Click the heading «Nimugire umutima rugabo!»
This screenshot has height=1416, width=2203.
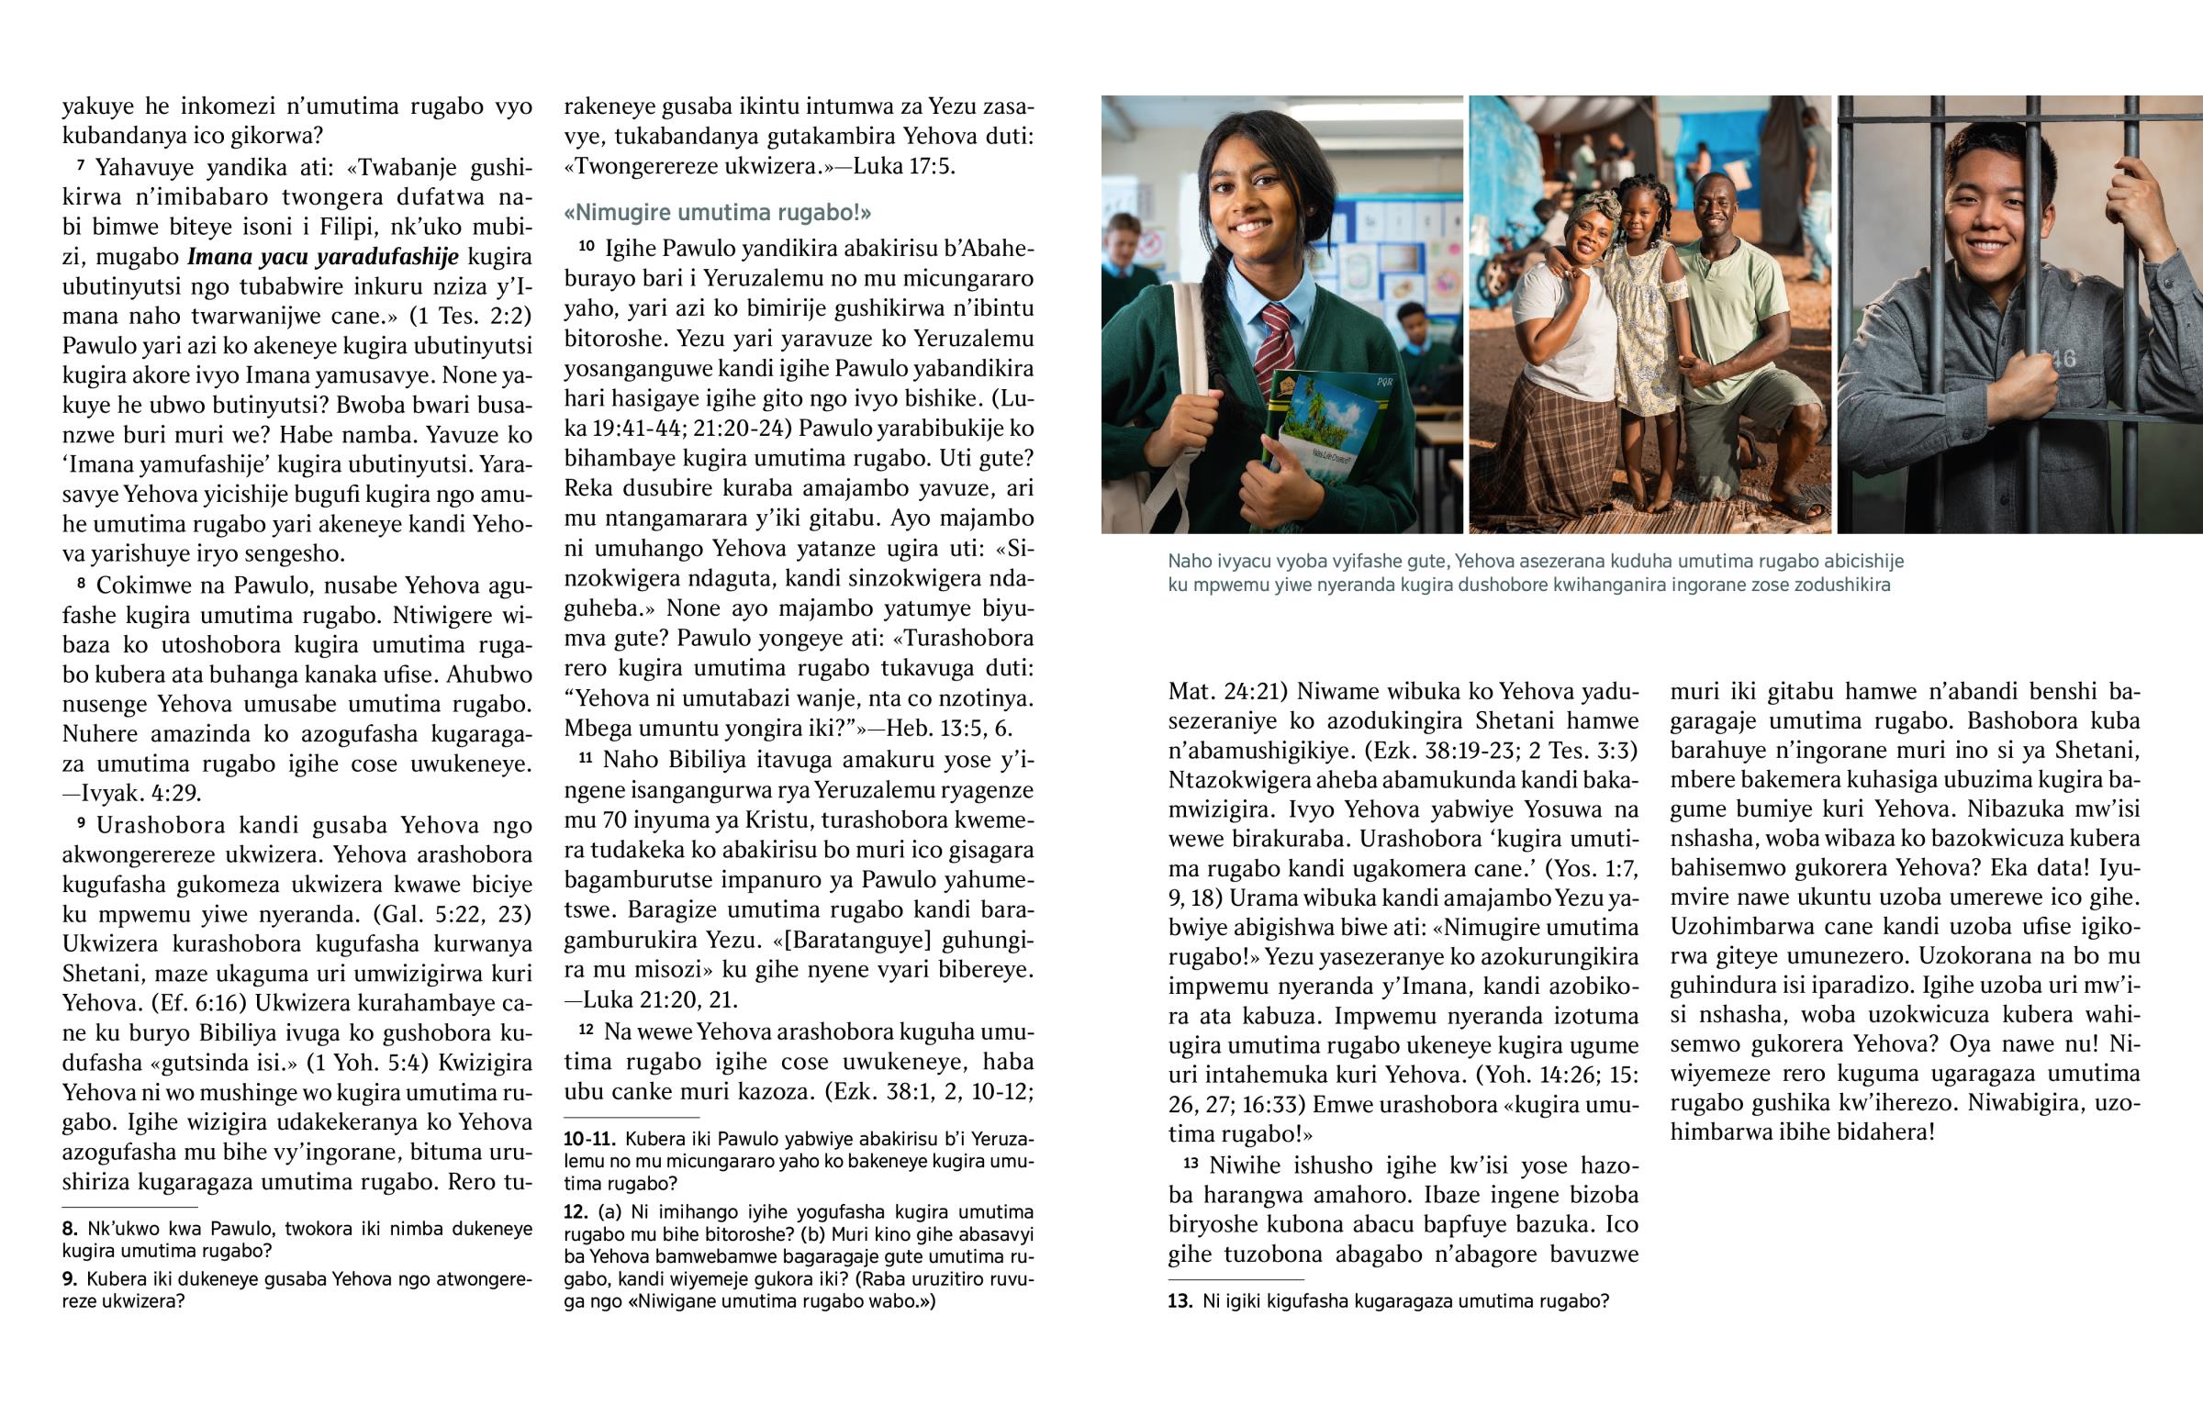tap(717, 212)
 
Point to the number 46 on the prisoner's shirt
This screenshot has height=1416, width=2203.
tap(2063, 359)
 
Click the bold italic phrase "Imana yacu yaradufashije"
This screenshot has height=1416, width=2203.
tap(323, 257)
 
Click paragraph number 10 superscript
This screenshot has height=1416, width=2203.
tap(586, 246)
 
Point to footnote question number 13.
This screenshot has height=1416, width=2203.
tap(1180, 1302)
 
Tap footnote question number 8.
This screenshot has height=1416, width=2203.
tap(70, 1229)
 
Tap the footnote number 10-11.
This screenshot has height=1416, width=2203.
tap(588, 1139)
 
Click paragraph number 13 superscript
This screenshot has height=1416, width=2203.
tap(1191, 1163)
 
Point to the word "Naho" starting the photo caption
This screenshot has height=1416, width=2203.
tap(1188, 562)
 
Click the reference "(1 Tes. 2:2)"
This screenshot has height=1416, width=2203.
tap(471, 316)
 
